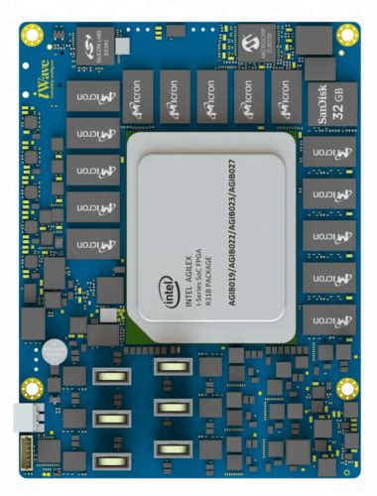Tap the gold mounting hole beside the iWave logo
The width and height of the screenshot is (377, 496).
click(x=33, y=35)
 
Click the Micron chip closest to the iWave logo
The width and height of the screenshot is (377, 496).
click(x=91, y=95)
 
